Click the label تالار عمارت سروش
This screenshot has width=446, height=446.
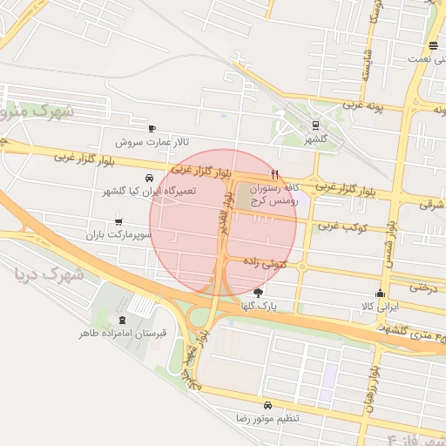click(x=154, y=141)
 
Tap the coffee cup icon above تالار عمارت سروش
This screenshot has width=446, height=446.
click(x=152, y=128)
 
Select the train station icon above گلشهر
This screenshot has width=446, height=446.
click(x=314, y=125)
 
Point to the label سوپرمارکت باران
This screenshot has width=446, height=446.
click(x=118, y=235)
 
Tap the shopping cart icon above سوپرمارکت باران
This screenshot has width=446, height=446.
click(x=118, y=221)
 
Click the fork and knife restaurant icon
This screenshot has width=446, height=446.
click(x=275, y=173)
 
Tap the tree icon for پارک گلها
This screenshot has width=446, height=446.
click(x=257, y=293)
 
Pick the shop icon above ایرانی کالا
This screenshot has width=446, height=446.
click(x=379, y=294)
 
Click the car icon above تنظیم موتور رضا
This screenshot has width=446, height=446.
click(x=267, y=406)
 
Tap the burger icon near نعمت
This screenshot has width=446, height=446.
click(x=433, y=45)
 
